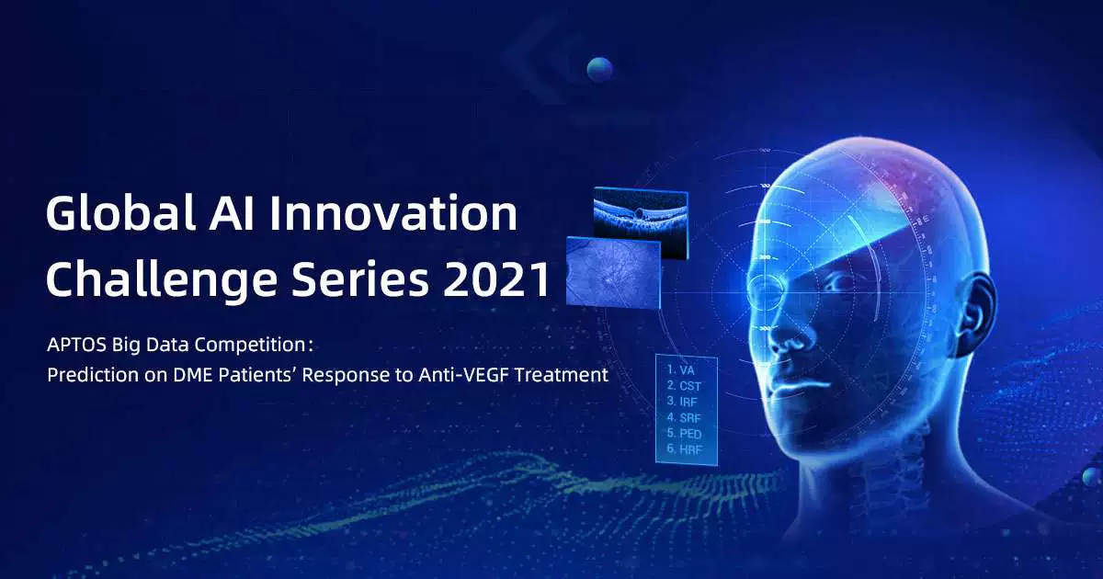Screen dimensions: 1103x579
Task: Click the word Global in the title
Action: [x=120, y=212]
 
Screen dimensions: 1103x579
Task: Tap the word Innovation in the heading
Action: [x=394, y=212]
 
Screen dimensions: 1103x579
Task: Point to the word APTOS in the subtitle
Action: [x=77, y=345]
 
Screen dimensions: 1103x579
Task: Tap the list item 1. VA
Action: [x=680, y=369]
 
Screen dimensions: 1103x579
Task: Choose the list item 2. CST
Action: [x=684, y=385]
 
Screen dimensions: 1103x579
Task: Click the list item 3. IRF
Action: [x=682, y=402]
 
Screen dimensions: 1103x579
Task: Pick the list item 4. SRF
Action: [x=684, y=417]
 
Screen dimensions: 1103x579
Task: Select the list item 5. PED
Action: [x=684, y=433]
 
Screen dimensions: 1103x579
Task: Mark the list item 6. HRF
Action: [x=685, y=449]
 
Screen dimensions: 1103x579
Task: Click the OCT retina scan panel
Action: [x=641, y=221]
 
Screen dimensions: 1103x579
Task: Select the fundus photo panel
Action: [x=614, y=273]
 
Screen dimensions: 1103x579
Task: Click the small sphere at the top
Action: [x=599, y=70]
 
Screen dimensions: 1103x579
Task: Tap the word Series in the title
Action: [x=360, y=278]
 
